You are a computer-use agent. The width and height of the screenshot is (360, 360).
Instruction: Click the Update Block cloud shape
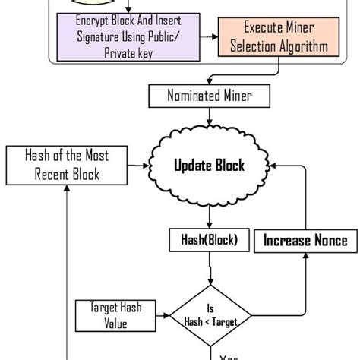209,165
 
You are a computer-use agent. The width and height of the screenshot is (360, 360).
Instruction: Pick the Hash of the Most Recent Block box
67,165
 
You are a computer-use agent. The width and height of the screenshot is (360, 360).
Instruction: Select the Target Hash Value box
115,315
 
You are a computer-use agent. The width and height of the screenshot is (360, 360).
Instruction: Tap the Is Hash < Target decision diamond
209,315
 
